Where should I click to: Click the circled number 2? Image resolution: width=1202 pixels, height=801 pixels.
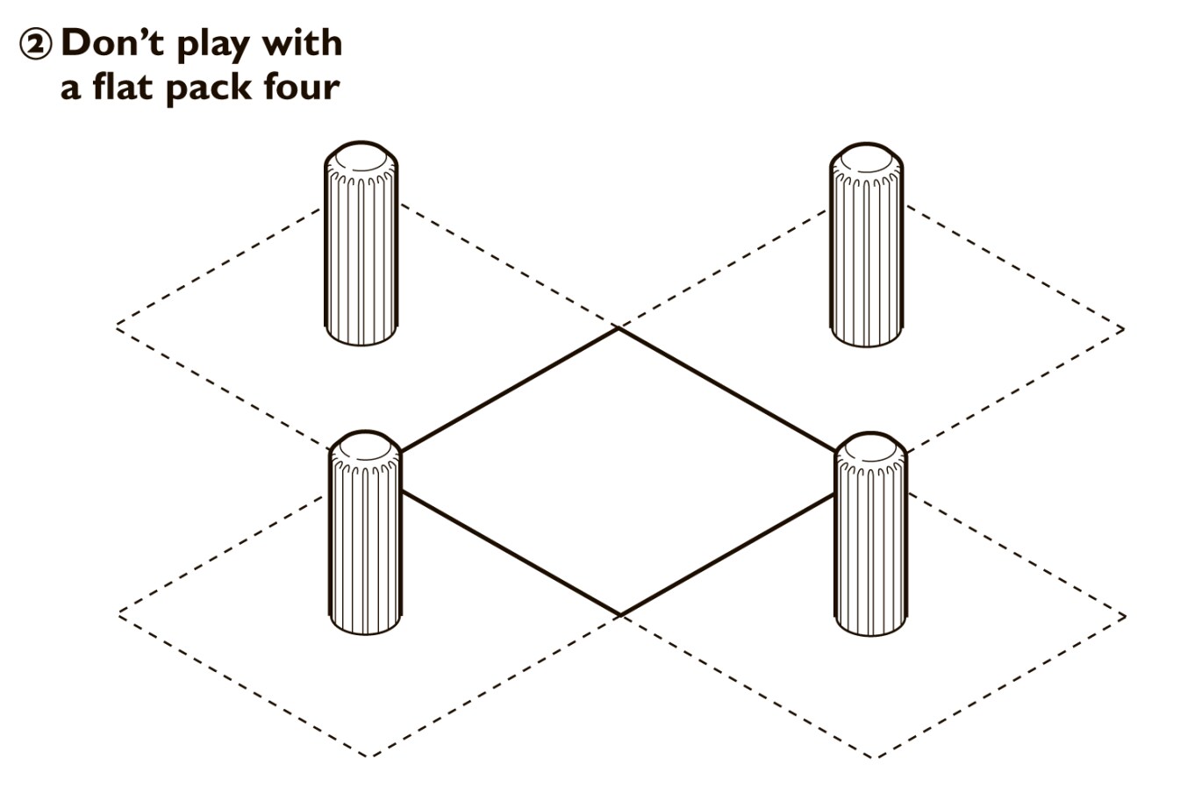click(x=36, y=45)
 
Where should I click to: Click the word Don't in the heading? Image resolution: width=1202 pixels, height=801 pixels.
click(x=112, y=42)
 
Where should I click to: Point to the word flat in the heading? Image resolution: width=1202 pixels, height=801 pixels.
click(x=126, y=86)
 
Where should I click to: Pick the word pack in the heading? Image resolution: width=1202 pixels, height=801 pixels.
click(x=209, y=89)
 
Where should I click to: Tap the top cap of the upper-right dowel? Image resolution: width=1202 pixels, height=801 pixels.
click(x=867, y=160)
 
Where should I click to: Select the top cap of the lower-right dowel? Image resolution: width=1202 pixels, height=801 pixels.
click(x=870, y=448)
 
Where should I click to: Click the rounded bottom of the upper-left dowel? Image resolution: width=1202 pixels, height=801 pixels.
click(x=361, y=335)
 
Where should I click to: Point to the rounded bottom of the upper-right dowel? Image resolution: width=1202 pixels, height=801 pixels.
click(x=867, y=337)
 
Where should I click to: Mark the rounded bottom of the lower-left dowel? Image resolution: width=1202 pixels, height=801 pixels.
click(x=365, y=624)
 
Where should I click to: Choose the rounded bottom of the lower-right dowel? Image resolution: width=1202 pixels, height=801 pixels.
click(x=870, y=626)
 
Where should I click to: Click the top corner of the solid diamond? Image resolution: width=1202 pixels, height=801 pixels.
click(x=619, y=329)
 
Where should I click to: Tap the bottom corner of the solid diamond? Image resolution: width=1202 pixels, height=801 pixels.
click(x=620, y=615)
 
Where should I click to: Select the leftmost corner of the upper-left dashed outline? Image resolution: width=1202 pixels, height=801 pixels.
click(x=118, y=325)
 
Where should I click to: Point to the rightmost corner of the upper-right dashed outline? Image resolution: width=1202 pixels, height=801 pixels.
click(x=1123, y=329)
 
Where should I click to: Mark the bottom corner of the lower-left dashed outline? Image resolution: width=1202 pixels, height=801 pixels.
click(x=370, y=756)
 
